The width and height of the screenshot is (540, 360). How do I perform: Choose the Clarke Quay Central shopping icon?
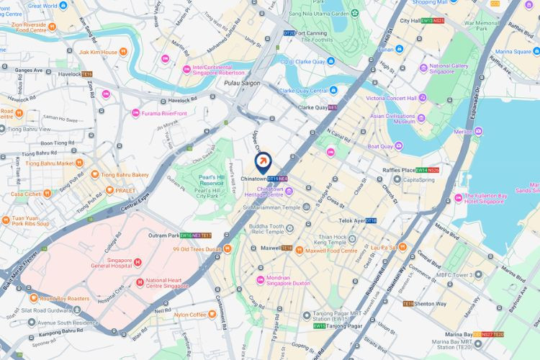pos(333,90)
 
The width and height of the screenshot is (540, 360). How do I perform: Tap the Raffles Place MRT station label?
pos(399,170)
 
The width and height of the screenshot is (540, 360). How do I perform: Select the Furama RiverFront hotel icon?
pos(135,113)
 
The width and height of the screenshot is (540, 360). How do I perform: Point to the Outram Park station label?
pos(163,235)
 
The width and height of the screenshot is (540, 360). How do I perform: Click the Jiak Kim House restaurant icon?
pos(124,52)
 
